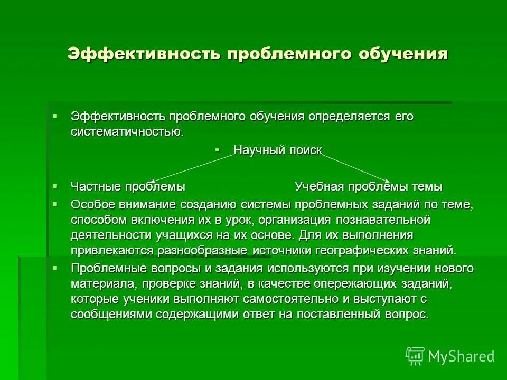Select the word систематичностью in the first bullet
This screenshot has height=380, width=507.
click(x=127, y=131)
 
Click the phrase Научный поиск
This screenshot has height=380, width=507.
click(x=277, y=150)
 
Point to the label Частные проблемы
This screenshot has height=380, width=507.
click(x=128, y=187)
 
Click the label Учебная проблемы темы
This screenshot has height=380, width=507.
click(x=368, y=187)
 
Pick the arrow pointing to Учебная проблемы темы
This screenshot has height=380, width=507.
click(x=356, y=167)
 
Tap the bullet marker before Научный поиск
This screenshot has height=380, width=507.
click(x=218, y=150)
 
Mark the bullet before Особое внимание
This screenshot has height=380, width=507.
click(x=54, y=203)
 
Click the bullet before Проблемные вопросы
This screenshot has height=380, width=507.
click(x=54, y=268)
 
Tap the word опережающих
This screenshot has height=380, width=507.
click(x=353, y=284)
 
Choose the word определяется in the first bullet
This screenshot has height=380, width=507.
click(x=349, y=117)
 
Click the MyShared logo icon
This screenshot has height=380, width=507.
click(x=415, y=356)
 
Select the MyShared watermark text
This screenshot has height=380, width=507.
click(x=461, y=356)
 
